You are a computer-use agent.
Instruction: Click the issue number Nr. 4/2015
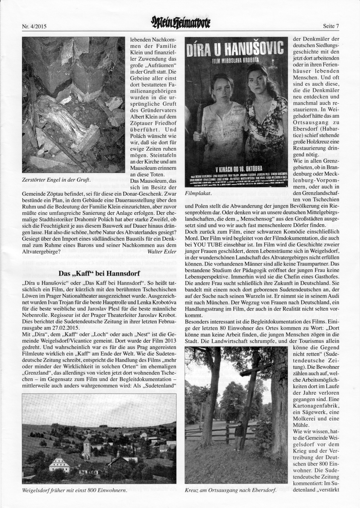click(35, 26)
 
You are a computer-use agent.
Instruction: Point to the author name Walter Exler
click(162, 252)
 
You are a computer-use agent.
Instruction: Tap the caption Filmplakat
click(198, 193)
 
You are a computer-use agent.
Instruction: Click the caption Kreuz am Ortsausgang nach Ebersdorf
click(230, 490)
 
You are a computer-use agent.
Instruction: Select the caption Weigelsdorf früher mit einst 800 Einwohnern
click(74, 490)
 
